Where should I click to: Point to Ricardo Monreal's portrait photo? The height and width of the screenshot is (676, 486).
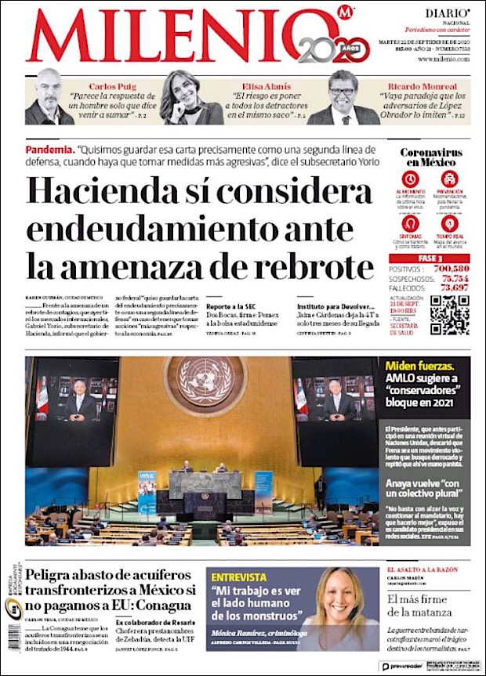pos(343,98)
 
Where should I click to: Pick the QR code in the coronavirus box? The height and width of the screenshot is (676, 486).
pos(449,315)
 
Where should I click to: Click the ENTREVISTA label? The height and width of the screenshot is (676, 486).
pos(240,577)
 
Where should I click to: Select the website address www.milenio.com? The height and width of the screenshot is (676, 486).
pos(444,60)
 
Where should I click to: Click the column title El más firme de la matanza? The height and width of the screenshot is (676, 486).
pos(428,609)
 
